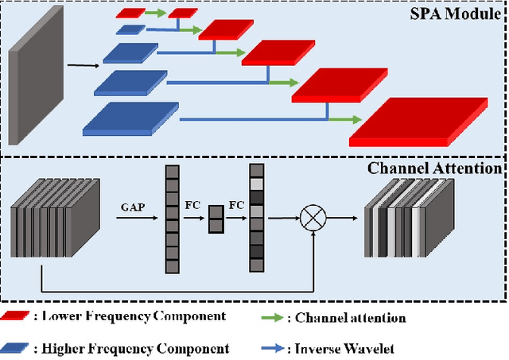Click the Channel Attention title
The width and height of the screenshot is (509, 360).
click(x=435, y=168)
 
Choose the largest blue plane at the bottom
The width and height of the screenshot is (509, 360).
click(x=130, y=118)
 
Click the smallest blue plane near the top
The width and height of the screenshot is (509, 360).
click(x=130, y=29)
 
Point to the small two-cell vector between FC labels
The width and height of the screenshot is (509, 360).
click(x=216, y=219)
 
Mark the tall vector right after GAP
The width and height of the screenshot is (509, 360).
click(x=171, y=216)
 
